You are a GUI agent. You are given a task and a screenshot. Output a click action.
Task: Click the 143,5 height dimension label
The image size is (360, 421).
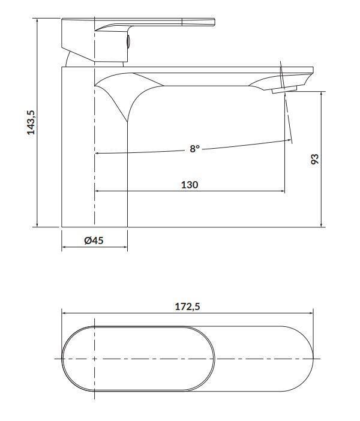coord(31,122)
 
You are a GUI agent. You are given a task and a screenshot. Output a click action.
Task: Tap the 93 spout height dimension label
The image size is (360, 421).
coord(314,159)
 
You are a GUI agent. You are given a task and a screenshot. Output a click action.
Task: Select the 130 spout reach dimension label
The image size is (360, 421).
coord(190,185)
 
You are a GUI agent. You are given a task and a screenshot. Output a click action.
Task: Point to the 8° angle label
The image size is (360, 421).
coord(195,148)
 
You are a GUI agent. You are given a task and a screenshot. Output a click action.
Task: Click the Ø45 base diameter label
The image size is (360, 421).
coord(94,240)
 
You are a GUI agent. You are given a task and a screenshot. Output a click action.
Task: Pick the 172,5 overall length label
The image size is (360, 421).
coord(188,306)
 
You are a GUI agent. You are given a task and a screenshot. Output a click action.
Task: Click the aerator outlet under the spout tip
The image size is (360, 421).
coord(284,90)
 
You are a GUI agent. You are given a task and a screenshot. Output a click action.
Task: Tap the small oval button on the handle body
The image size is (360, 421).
coord(128,41)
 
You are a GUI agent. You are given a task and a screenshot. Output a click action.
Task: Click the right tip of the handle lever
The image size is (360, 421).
coord(215,23)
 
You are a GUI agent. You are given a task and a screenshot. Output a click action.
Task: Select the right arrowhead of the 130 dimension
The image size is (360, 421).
coord(283,191)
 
